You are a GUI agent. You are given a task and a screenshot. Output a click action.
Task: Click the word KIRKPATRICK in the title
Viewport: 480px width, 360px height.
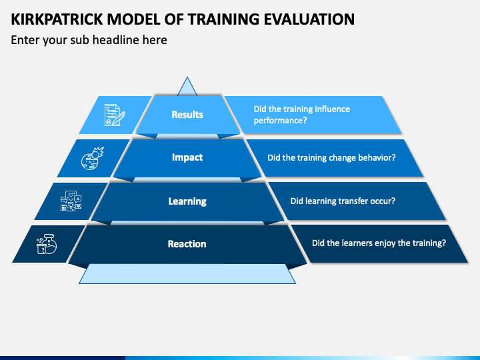(x=57, y=19)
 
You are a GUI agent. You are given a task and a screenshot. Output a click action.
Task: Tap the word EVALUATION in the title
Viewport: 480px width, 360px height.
(x=309, y=19)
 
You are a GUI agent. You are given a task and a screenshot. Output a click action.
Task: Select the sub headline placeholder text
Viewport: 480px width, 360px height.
(x=89, y=40)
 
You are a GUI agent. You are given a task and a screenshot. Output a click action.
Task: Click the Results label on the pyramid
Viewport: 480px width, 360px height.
(x=187, y=115)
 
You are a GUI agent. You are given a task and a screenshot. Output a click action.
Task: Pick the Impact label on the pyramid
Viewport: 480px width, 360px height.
(x=187, y=157)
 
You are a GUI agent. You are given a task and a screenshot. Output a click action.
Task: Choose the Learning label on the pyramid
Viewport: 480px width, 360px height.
(x=187, y=201)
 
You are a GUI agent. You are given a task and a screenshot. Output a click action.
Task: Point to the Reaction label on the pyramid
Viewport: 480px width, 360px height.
(x=187, y=244)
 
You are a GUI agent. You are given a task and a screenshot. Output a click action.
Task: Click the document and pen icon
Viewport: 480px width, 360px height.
(x=115, y=115)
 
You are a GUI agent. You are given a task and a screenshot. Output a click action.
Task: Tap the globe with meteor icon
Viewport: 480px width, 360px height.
(x=92, y=158)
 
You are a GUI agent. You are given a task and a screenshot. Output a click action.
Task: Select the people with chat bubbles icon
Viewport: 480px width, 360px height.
(x=71, y=201)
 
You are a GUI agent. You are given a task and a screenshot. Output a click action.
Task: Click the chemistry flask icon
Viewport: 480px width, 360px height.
(x=47, y=244)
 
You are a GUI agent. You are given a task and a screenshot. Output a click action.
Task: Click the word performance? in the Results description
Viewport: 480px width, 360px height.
(x=280, y=121)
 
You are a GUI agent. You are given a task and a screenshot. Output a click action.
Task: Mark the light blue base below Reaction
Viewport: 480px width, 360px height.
(x=187, y=274)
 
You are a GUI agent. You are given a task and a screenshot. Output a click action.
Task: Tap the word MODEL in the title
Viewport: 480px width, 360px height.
(x=133, y=19)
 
